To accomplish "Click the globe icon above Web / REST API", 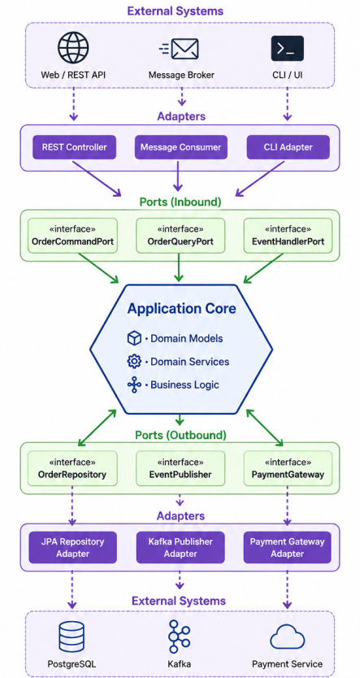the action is pyautogui.click(x=73, y=47).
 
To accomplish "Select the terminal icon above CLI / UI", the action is pyautogui.click(x=288, y=49).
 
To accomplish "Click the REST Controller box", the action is pyautogui.click(x=74, y=147).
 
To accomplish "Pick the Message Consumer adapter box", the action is pyautogui.click(x=180, y=147).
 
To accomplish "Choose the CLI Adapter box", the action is pyautogui.click(x=288, y=147).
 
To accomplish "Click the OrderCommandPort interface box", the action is pyautogui.click(x=72, y=235).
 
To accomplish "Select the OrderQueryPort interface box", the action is pyautogui.click(x=180, y=235).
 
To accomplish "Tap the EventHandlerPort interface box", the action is pyautogui.click(x=288, y=235).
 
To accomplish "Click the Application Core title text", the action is pyautogui.click(x=181, y=309).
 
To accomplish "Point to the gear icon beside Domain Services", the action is pyautogui.click(x=134, y=362).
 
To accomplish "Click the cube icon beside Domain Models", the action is pyautogui.click(x=134, y=338).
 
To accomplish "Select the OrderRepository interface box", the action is pyautogui.click(x=72, y=468).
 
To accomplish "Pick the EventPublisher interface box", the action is pyautogui.click(x=180, y=468).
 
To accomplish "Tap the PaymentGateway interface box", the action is pyautogui.click(x=288, y=468).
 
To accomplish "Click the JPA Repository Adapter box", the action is pyautogui.click(x=72, y=547).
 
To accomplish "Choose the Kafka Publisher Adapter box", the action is pyautogui.click(x=180, y=547).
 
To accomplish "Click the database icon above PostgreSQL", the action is pyautogui.click(x=72, y=637).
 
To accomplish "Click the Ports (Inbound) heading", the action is pyautogui.click(x=180, y=202).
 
